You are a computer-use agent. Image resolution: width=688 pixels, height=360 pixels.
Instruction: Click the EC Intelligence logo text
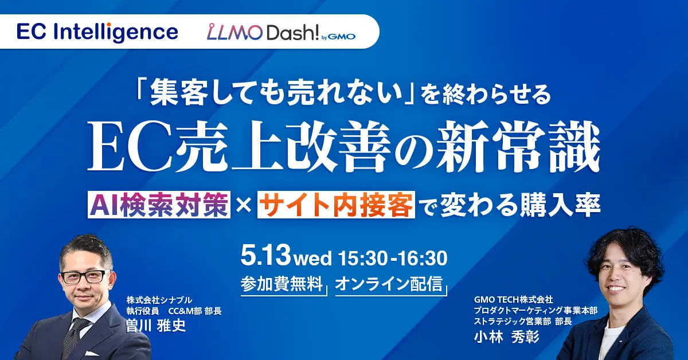coord(97,32)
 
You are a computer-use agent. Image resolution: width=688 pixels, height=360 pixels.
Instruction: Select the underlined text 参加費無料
coord(282,284)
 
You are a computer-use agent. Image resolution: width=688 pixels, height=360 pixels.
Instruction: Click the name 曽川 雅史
coord(157,326)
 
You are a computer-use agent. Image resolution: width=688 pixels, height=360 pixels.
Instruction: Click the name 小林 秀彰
coord(507,336)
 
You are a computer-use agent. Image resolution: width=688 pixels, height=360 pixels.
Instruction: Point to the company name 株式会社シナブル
coord(159,300)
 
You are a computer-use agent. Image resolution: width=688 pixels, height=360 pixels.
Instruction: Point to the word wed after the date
coord(312,259)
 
